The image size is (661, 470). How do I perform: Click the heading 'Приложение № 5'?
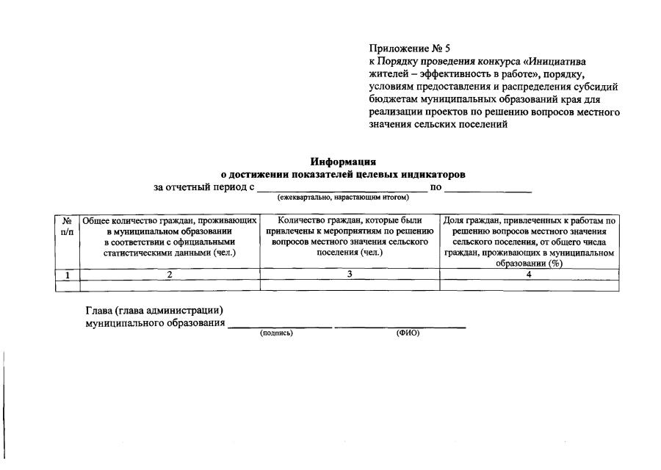[x=409, y=49]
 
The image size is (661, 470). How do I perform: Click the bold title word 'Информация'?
[x=343, y=162]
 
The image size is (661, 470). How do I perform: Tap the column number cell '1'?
[x=67, y=275]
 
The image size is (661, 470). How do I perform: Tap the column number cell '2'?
[x=169, y=275]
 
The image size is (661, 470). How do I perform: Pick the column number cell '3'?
[x=350, y=275]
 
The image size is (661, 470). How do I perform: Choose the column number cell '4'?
[x=529, y=275]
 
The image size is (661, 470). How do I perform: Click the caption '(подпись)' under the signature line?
[x=276, y=333]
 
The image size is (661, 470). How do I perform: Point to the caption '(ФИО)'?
[x=408, y=333]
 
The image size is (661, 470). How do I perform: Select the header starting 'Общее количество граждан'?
[x=169, y=236]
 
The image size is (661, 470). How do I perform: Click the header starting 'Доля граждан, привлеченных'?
[x=529, y=242]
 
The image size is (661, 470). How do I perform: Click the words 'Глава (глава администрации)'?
[x=154, y=311]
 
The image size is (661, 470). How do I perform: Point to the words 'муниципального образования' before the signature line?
[x=155, y=323]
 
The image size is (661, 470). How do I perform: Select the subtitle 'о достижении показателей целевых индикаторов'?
[x=343, y=175]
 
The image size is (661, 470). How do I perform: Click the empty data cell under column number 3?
[x=350, y=286]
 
